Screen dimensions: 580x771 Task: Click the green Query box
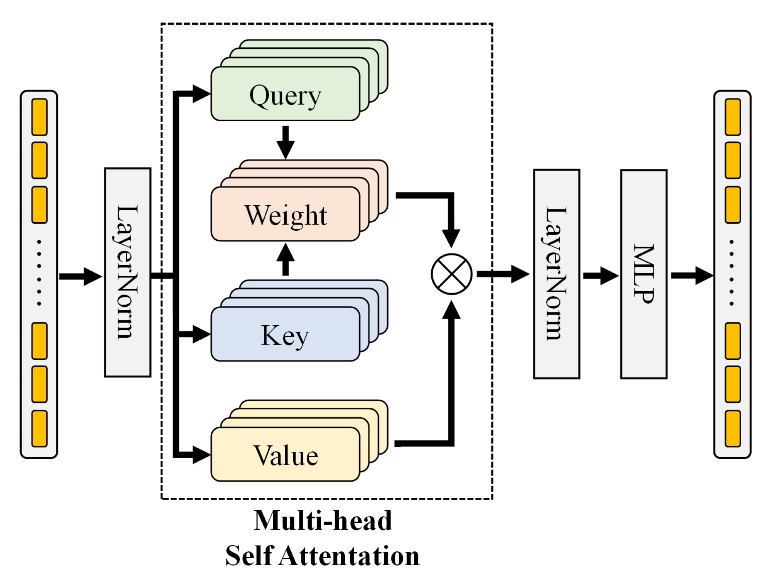tap(285, 94)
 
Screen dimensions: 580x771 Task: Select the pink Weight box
tap(285, 214)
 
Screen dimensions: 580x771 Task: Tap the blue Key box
tap(285, 334)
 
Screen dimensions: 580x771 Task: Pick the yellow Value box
tap(285, 455)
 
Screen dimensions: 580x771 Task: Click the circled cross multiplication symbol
tap(451, 274)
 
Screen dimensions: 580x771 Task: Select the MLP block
tap(643, 274)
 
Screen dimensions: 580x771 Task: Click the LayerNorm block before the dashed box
tap(127, 272)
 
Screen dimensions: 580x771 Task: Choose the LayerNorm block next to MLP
tap(556, 274)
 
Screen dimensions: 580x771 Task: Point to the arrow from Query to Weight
tap(285, 142)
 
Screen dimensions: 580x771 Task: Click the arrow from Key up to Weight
tap(285, 259)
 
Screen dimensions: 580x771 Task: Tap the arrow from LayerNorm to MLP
tap(600, 276)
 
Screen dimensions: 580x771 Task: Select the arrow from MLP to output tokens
tap(691, 275)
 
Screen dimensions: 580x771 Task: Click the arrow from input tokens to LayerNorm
tap(80, 276)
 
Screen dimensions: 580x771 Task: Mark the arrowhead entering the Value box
tap(201, 455)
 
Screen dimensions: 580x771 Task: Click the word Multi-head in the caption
tap(323, 520)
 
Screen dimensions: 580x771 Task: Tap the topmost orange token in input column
tap(39, 117)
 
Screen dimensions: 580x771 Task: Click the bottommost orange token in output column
tap(733, 429)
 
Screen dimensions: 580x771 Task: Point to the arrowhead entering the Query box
tap(201, 94)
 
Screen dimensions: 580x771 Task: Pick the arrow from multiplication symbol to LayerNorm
tap(503, 274)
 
